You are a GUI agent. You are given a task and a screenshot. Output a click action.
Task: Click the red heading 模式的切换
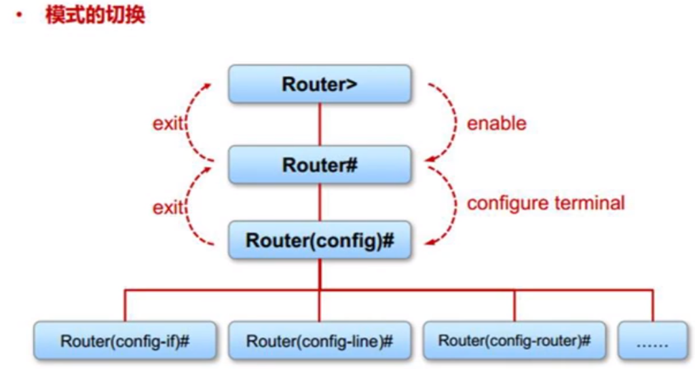[95, 16]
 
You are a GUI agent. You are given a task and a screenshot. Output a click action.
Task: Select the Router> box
[320, 84]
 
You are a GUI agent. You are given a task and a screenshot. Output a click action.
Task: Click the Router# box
[320, 164]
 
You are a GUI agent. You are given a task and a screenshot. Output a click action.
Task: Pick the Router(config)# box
[320, 240]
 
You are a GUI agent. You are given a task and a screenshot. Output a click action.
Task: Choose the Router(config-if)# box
[125, 341]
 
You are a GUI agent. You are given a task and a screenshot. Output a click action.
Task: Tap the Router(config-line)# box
[320, 341]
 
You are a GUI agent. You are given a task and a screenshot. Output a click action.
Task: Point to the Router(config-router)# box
[514, 341]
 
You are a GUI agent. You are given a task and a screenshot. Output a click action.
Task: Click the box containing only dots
[652, 341]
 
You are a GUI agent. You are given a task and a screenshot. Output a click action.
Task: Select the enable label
[496, 123]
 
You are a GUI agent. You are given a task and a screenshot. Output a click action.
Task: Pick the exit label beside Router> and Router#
[168, 124]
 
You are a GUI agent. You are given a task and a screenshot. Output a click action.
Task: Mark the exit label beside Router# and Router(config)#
[168, 207]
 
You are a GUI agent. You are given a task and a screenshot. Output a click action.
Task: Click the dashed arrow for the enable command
[449, 122]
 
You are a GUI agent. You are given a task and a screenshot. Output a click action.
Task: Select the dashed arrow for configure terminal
[449, 203]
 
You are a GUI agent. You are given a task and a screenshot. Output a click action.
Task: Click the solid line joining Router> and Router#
[320, 124]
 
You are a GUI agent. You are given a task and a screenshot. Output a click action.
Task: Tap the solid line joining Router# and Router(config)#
[320, 202]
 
